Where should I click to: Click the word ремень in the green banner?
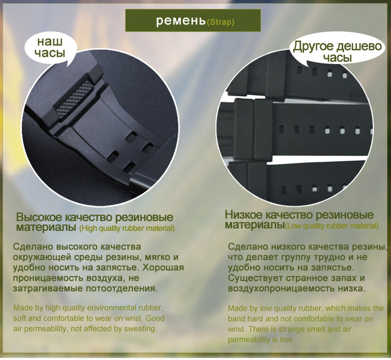click(x=181, y=21)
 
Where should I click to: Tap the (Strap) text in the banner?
click(x=221, y=22)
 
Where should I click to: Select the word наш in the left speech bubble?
click(x=50, y=42)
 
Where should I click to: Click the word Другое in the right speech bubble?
click(x=313, y=46)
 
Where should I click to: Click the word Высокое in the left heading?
click(x=39, y=217)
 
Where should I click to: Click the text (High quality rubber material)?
click(x=127, y=228)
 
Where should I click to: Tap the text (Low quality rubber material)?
click(x=332, y=226)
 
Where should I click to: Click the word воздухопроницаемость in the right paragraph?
click(x=282, y=289)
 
